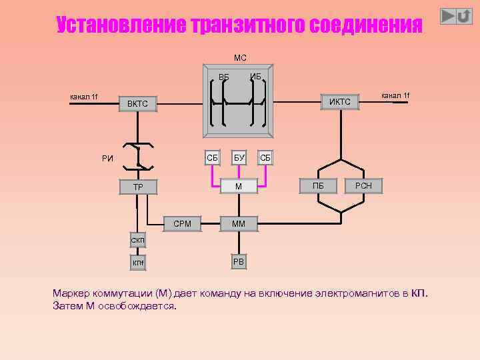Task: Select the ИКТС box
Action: [340, 101]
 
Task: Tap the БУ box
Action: [239, 158]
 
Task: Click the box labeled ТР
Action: [137, 187]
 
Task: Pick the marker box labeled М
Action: [239, 186]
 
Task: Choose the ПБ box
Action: [318, 186]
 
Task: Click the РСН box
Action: [364, 186]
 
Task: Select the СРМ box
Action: [182, 224]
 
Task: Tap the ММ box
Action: [239, 224]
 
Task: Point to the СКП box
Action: [137, 240]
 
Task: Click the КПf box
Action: [137, 263]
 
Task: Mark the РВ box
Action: [239, 261]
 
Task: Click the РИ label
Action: [107, 159]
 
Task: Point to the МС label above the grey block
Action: [240, 58]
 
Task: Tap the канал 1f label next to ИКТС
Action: [395, 96]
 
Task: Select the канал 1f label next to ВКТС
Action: [84, 97]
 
